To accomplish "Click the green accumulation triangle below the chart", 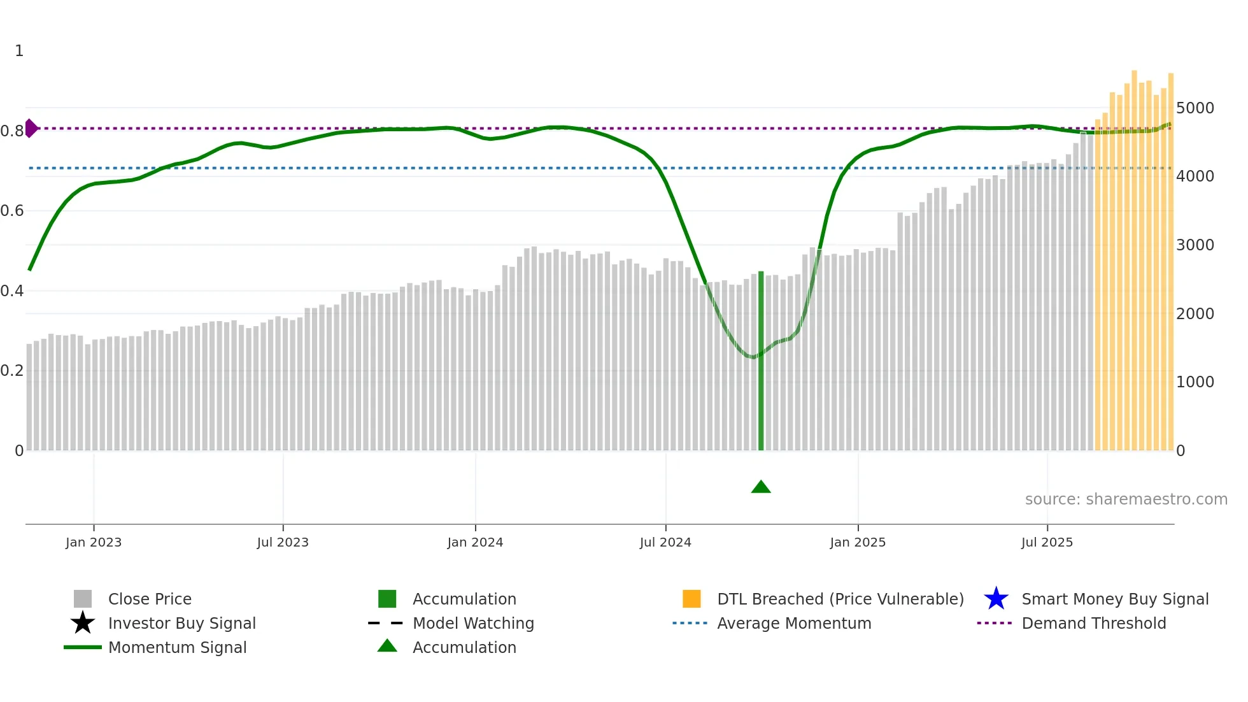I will [x=761, y=487].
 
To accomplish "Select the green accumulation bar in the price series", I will [x=761, y=361].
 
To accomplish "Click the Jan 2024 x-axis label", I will [x=475, y=542].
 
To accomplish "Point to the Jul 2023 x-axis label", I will [x=283, y=542].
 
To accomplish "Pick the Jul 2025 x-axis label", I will [x=1047, y=542].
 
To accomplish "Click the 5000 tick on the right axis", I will [x=1195, y=108].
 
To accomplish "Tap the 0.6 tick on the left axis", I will [x=12, y=211].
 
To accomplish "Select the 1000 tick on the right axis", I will [x=1195, y=382].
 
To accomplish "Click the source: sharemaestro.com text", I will [x=1126, y=499].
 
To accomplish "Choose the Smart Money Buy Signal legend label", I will [x=1115, y=599].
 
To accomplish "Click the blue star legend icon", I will [x=996, y=599].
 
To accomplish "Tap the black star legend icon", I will [x=83, y=623].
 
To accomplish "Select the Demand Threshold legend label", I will [x=1093, y=623].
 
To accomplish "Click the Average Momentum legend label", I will [x=794, y=623].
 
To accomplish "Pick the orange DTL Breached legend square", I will [x=691, y=599].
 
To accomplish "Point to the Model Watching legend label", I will [x=473, y=623].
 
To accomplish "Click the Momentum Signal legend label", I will [x=177, y=647].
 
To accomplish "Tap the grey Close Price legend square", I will [x=83, y=599].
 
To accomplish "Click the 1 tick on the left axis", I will [x=19, y=51].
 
